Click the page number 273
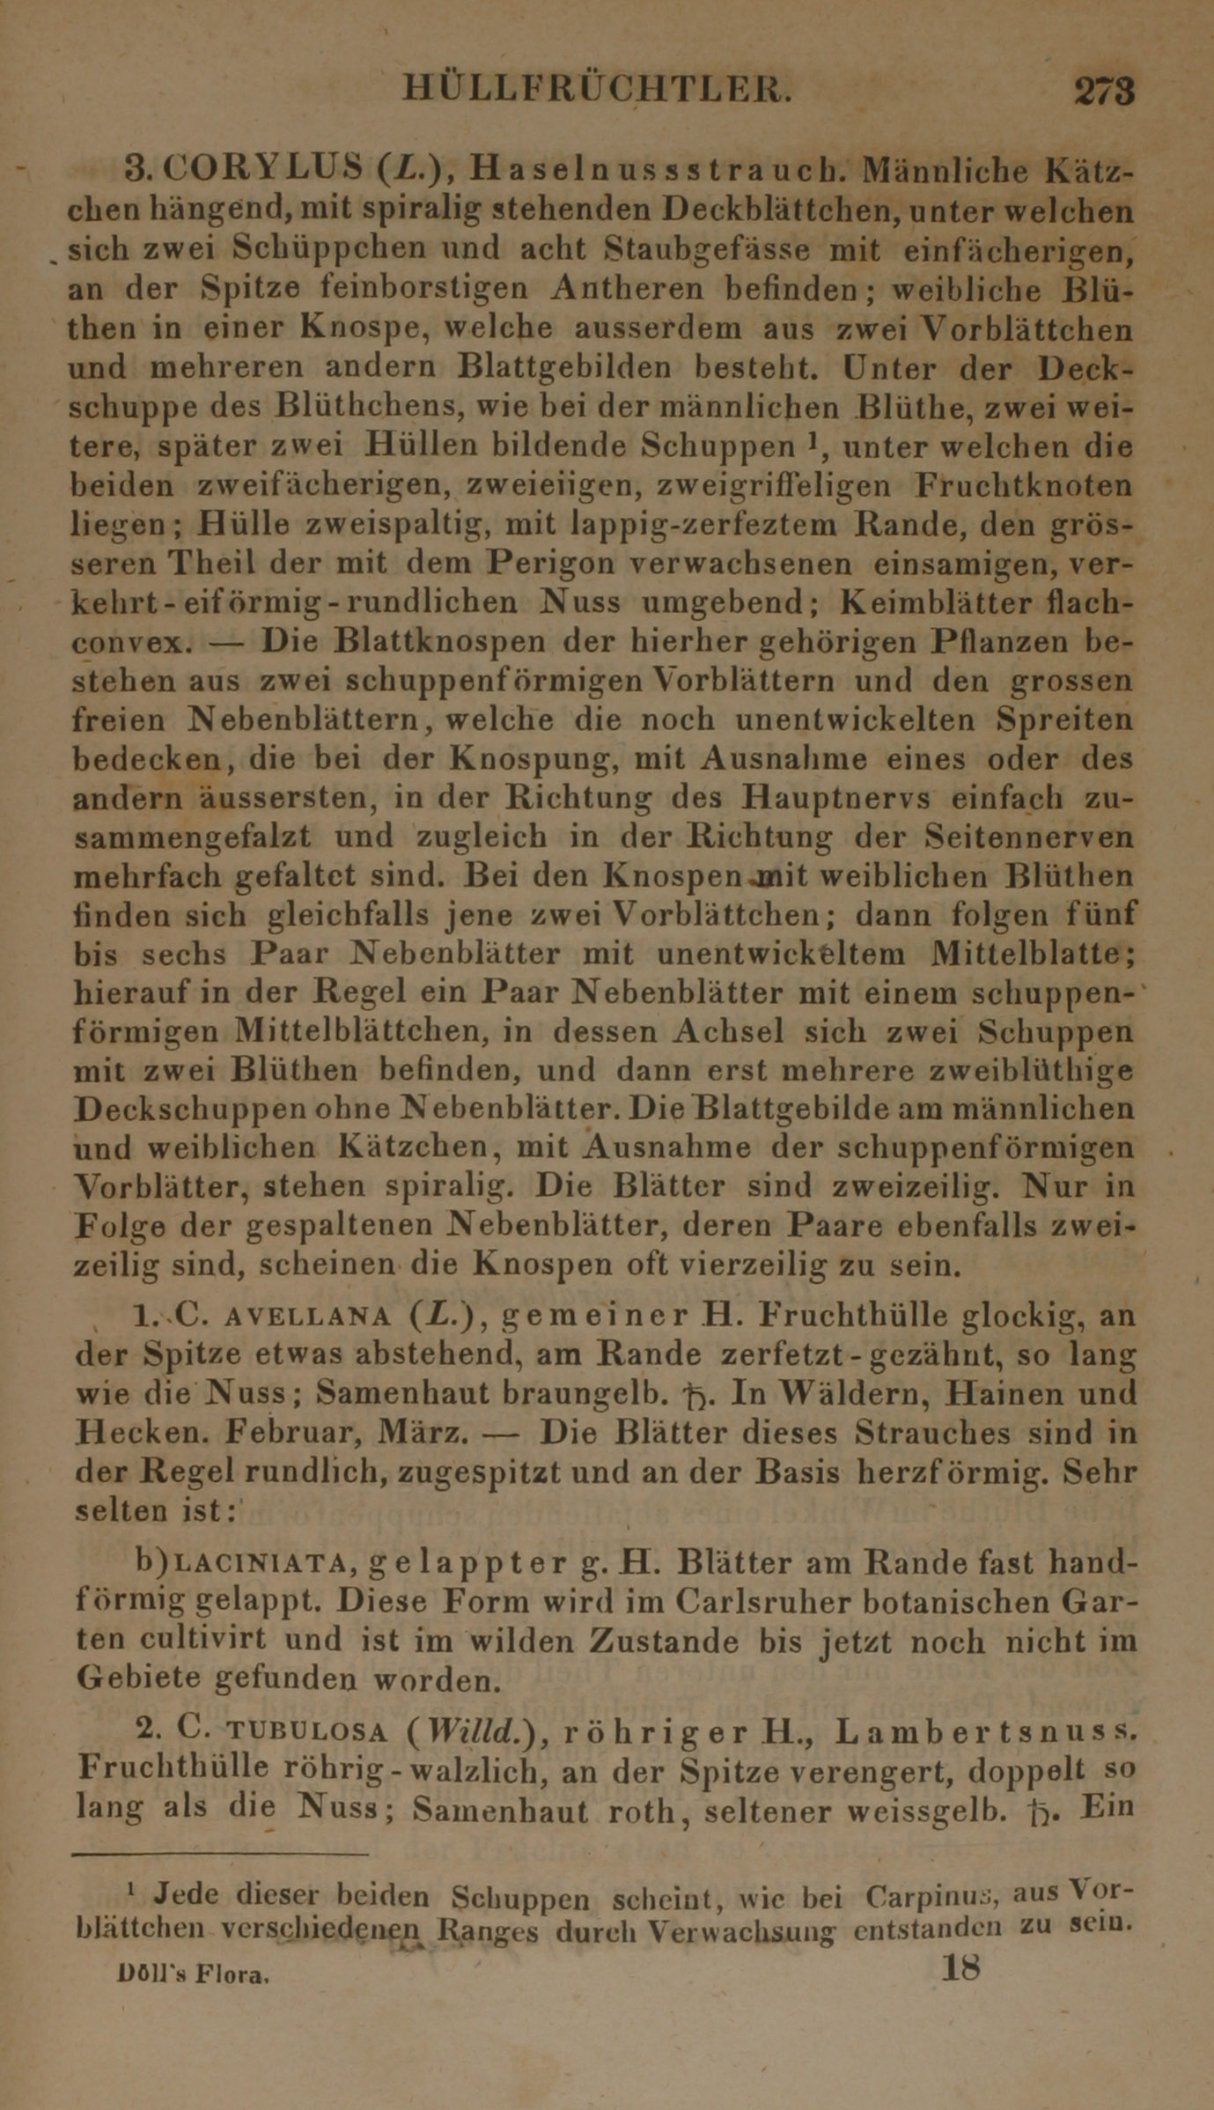tap(1104, 92)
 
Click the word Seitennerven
tap(1033, 837)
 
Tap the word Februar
tap(288, 1433)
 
